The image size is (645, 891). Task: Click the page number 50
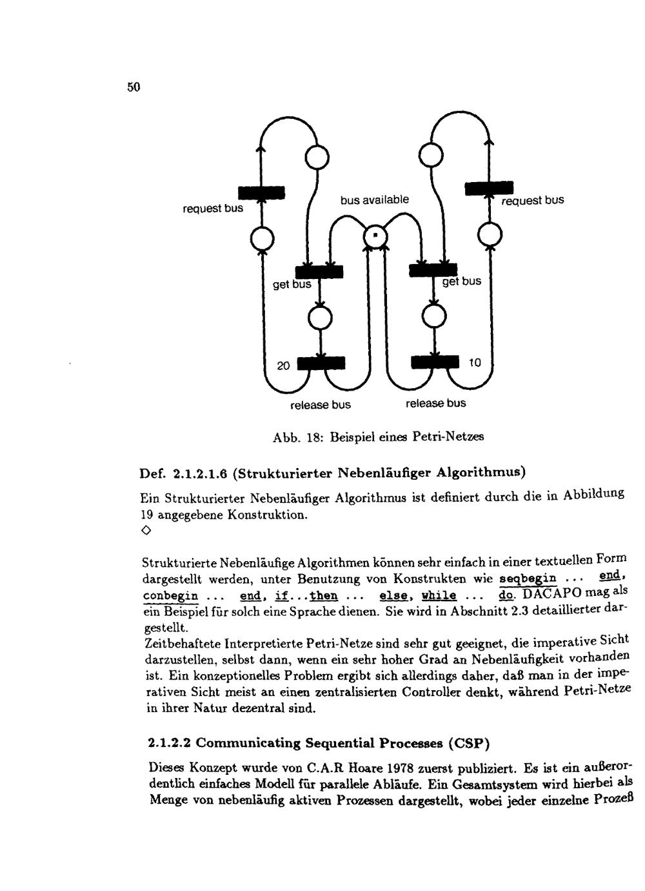coord(134,87)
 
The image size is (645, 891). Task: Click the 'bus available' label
coord(375,200)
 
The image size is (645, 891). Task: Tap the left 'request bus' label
coord(212,208)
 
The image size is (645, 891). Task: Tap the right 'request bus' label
coord(533,200)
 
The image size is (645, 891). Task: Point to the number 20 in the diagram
coord(283,366)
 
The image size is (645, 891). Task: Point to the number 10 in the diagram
coord(474,363)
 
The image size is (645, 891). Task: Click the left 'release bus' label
coord(321,405)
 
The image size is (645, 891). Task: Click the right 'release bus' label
coord(435,404)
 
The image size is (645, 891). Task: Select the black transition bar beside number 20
coord(321,364)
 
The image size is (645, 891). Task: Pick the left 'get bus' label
coord(292,284)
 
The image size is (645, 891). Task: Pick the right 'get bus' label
coord(462,281)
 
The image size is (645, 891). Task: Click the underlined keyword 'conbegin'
coord(170,595)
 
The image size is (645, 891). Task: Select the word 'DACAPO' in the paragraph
coord(551,593)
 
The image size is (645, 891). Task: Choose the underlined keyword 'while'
coord(439,595)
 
